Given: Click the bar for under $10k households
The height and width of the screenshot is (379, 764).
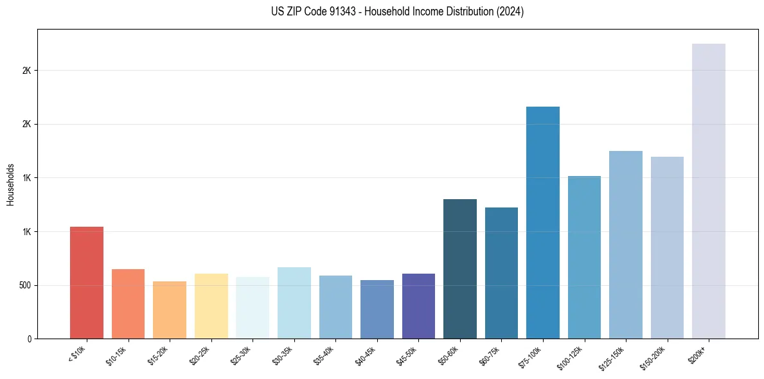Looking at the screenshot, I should point(86,283).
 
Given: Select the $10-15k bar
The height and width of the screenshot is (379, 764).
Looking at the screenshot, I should point(128,304).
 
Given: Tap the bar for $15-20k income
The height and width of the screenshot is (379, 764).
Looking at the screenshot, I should point(170,310).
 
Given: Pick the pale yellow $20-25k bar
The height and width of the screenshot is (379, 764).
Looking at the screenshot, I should point(211,306).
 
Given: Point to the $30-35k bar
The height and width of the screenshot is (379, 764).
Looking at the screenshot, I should point(294,303).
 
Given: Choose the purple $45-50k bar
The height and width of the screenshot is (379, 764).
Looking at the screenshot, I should point(418,306).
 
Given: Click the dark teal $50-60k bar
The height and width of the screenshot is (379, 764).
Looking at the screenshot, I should point(460,269).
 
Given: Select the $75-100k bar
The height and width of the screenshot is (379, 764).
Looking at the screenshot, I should point(543,222).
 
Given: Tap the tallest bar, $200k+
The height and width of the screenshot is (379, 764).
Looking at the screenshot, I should point(709,191).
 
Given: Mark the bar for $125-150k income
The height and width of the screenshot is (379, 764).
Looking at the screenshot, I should point(626,245).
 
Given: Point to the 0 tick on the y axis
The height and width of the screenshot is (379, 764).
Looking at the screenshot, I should point(29,339).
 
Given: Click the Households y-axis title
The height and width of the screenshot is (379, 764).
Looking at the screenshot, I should point(10,184).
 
